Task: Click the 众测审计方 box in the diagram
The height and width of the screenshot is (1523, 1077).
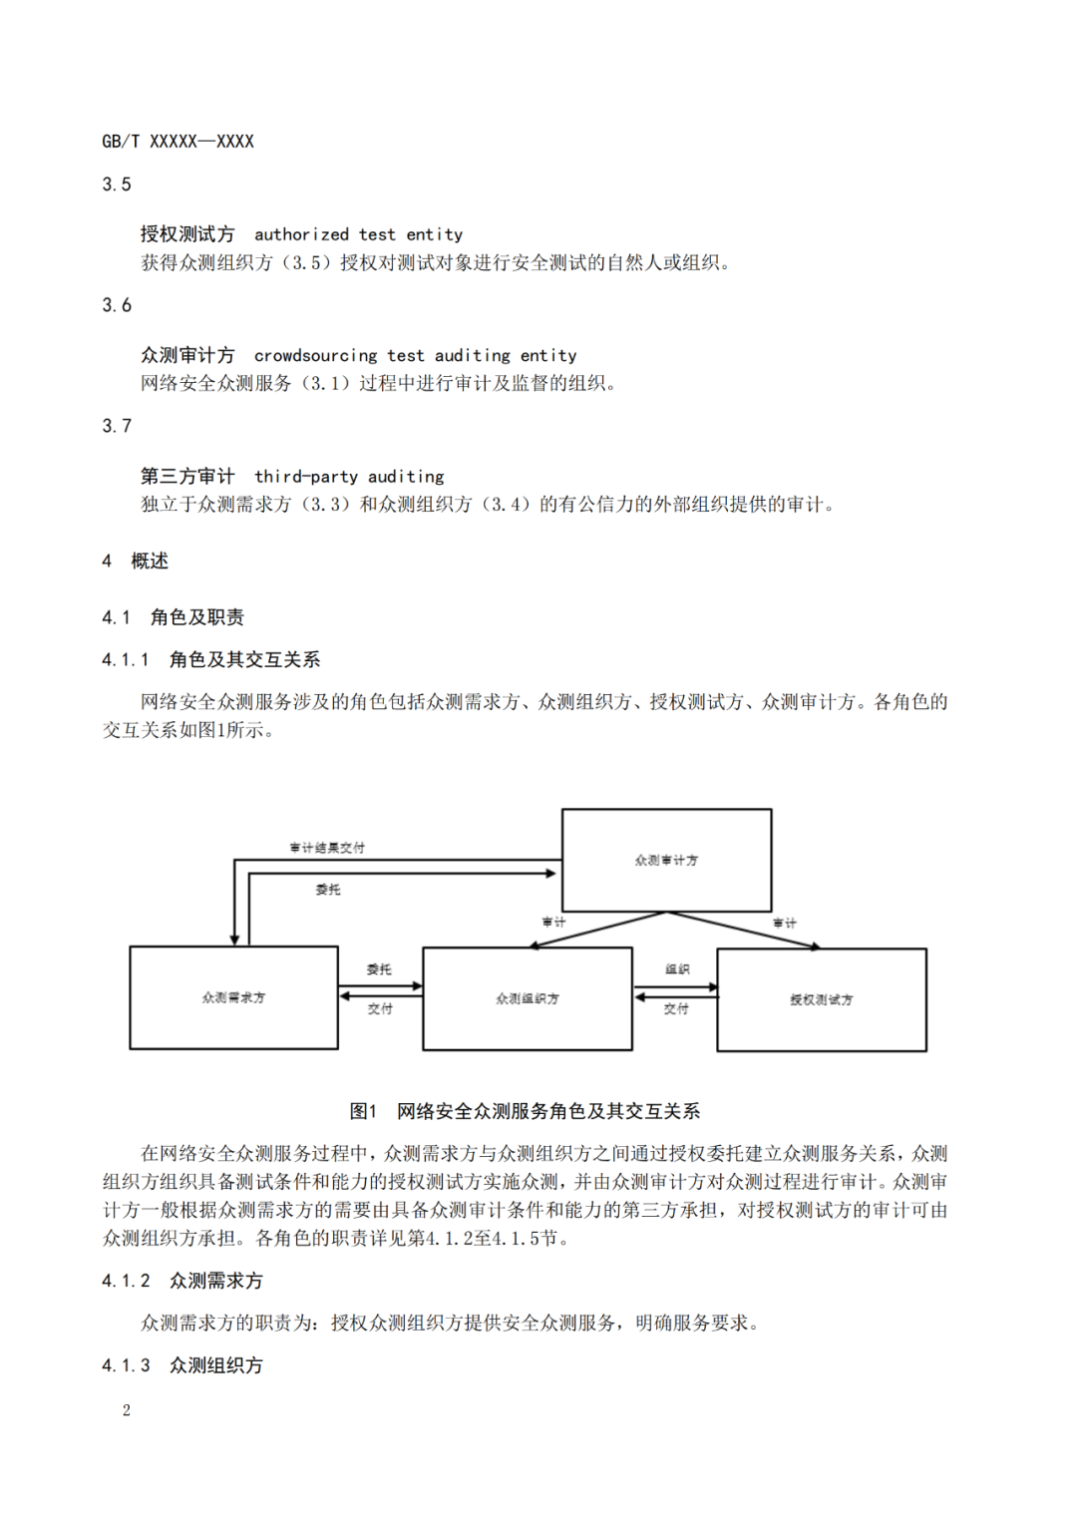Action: (666, 860)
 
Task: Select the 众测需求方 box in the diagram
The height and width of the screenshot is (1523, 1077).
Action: (233, 997)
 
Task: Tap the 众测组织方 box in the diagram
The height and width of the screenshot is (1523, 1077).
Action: (528, 998)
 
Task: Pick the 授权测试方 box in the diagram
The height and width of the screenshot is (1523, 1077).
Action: (822, 999)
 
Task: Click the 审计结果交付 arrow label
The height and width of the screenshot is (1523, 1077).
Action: (327, 848)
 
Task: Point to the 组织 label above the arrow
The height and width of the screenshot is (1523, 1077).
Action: (677, 969)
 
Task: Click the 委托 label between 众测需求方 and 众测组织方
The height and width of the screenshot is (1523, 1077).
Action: (379, 969)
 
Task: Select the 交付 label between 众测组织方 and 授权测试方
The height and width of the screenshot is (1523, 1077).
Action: (676, 1009)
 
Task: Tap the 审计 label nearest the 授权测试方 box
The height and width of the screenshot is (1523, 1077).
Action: (785, 924)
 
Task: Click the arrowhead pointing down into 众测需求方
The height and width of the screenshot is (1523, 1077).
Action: (234, 940)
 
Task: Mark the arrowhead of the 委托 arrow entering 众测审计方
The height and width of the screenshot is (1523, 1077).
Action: (550, 874)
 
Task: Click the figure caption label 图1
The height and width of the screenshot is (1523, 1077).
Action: (363, 1111)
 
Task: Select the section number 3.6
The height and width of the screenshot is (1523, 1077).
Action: (117, 305)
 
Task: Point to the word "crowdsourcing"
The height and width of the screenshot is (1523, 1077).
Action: (316, 356)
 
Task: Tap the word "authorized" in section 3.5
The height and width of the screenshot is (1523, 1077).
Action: (301, 235)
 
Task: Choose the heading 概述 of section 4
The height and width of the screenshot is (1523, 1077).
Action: (150, 562)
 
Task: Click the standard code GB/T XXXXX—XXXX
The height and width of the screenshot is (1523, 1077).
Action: (178, 142)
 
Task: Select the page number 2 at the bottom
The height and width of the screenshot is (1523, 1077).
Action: (127, 1410)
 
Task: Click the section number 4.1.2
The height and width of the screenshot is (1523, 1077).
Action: (126, 1281)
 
